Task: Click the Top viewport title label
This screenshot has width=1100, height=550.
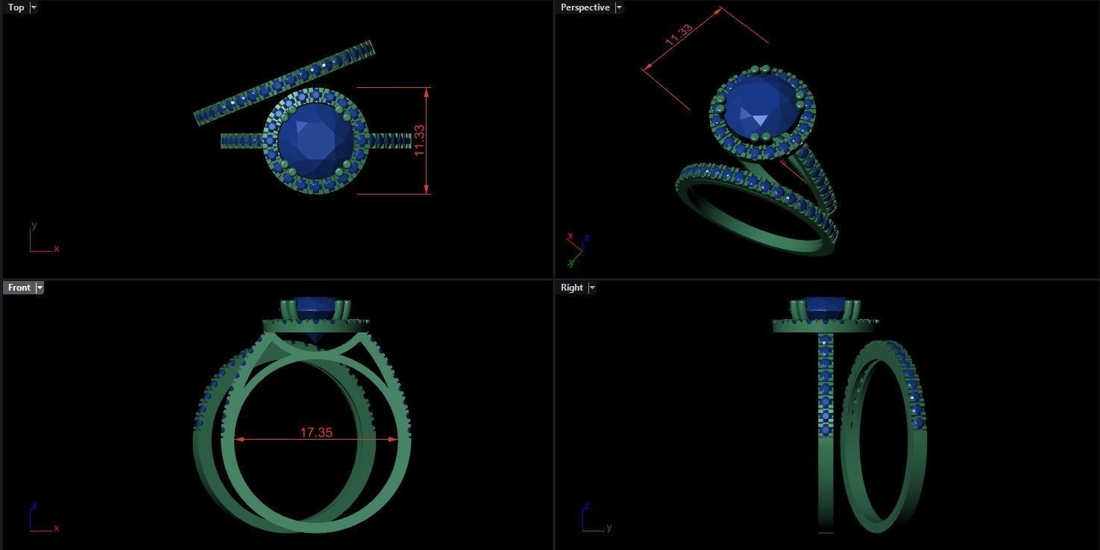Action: [x=16, y=7]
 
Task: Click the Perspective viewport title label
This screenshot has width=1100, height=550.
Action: [x=585, y=7]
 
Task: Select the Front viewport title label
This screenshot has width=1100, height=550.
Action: [x=19, y=288]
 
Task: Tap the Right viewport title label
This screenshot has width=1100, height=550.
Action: [x=572, y=288]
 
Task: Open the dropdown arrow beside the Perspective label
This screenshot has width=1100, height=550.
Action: [x=619, y=7]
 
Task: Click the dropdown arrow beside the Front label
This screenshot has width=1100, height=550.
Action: [x=40, y=288]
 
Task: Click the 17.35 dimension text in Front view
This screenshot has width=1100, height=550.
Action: [x=316, y=432]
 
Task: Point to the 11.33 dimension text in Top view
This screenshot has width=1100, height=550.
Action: [x=419, y=140]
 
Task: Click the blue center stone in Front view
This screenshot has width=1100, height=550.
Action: [x=315, y=303]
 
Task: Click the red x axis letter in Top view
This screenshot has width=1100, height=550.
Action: [x=57, y=248]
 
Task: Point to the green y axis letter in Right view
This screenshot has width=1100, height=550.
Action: [x=609, y=528]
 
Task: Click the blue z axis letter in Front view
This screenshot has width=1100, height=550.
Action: [x=34, y=507]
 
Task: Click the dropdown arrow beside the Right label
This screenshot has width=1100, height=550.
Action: [x=592, y=288]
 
